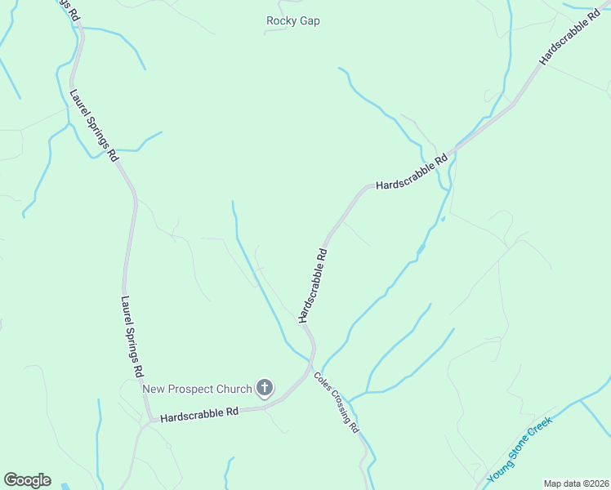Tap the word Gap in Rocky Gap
click(x=309, y=21)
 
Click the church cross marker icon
click(x=264, y=388)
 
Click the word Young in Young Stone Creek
click(x=499, y=470)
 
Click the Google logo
click(x=27, y=479)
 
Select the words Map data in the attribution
click(x=561, y=483)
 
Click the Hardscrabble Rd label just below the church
click(x=198, y=415)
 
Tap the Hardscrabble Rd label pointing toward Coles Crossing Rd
click(x=313, y=285)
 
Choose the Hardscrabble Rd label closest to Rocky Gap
click(x=413, y=172)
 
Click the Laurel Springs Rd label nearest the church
click(x=132, y=336)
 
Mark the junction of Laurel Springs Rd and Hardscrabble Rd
click(x=149, y=421)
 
